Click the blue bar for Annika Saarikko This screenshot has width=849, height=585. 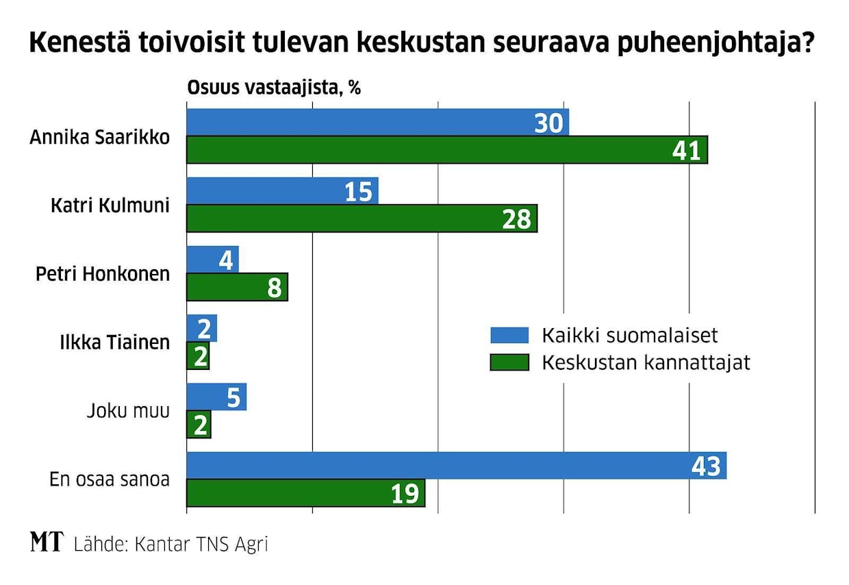[377, 123]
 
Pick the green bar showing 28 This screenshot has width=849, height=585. [362, 219]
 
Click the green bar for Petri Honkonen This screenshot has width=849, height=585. [237, 287]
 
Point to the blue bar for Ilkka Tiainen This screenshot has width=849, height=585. [201, 328]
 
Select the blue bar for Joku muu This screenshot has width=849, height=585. [216, 397]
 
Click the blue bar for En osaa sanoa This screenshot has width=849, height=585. [456, 466]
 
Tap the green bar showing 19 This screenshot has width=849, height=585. [305, 493]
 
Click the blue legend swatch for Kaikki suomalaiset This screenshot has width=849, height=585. [509, 335]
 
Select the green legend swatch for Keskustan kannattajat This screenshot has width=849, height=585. [509, 362]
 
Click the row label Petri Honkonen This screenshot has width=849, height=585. [103, 274]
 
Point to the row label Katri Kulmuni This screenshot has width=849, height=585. [110, 206]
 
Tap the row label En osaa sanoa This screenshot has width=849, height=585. [110, 480]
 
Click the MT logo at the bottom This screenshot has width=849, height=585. [47, 544]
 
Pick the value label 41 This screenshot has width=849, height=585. [687, 151]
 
